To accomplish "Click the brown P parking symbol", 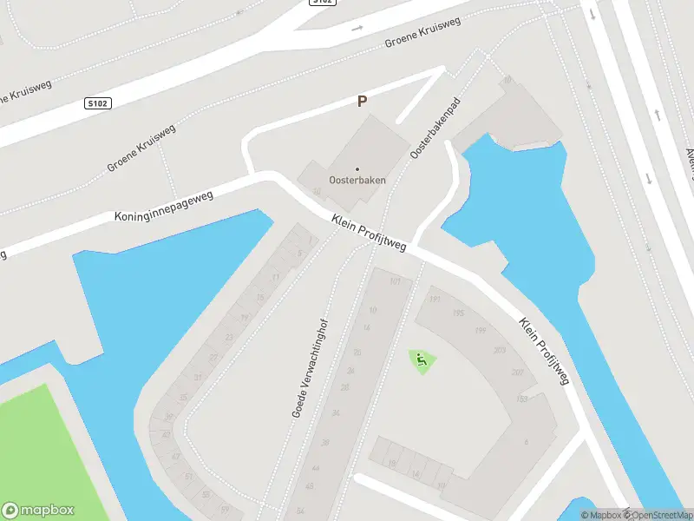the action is (x=362, y=102).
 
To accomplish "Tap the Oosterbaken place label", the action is (x=357, y=181).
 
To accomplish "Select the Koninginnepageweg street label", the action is (x=163, y=205).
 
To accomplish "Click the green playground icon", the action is (x=422, y=361).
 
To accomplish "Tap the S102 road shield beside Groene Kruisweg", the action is (x=97, y=103).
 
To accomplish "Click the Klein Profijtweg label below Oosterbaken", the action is (x=369, y=234).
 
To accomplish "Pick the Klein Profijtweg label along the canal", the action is (x=544, y=350).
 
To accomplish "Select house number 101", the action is (x=396, y=282).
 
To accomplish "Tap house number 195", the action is (x=458, y=313).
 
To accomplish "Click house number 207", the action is (x=518, y=373).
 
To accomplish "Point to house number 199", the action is (x=480, y=331).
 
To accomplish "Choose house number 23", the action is (x=229, y=337).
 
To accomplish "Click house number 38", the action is (x=325, y=443).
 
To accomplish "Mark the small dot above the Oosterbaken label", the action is (x=357, y=169).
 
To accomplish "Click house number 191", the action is (x=435, y=300).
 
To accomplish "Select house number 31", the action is (x=198, y=377).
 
